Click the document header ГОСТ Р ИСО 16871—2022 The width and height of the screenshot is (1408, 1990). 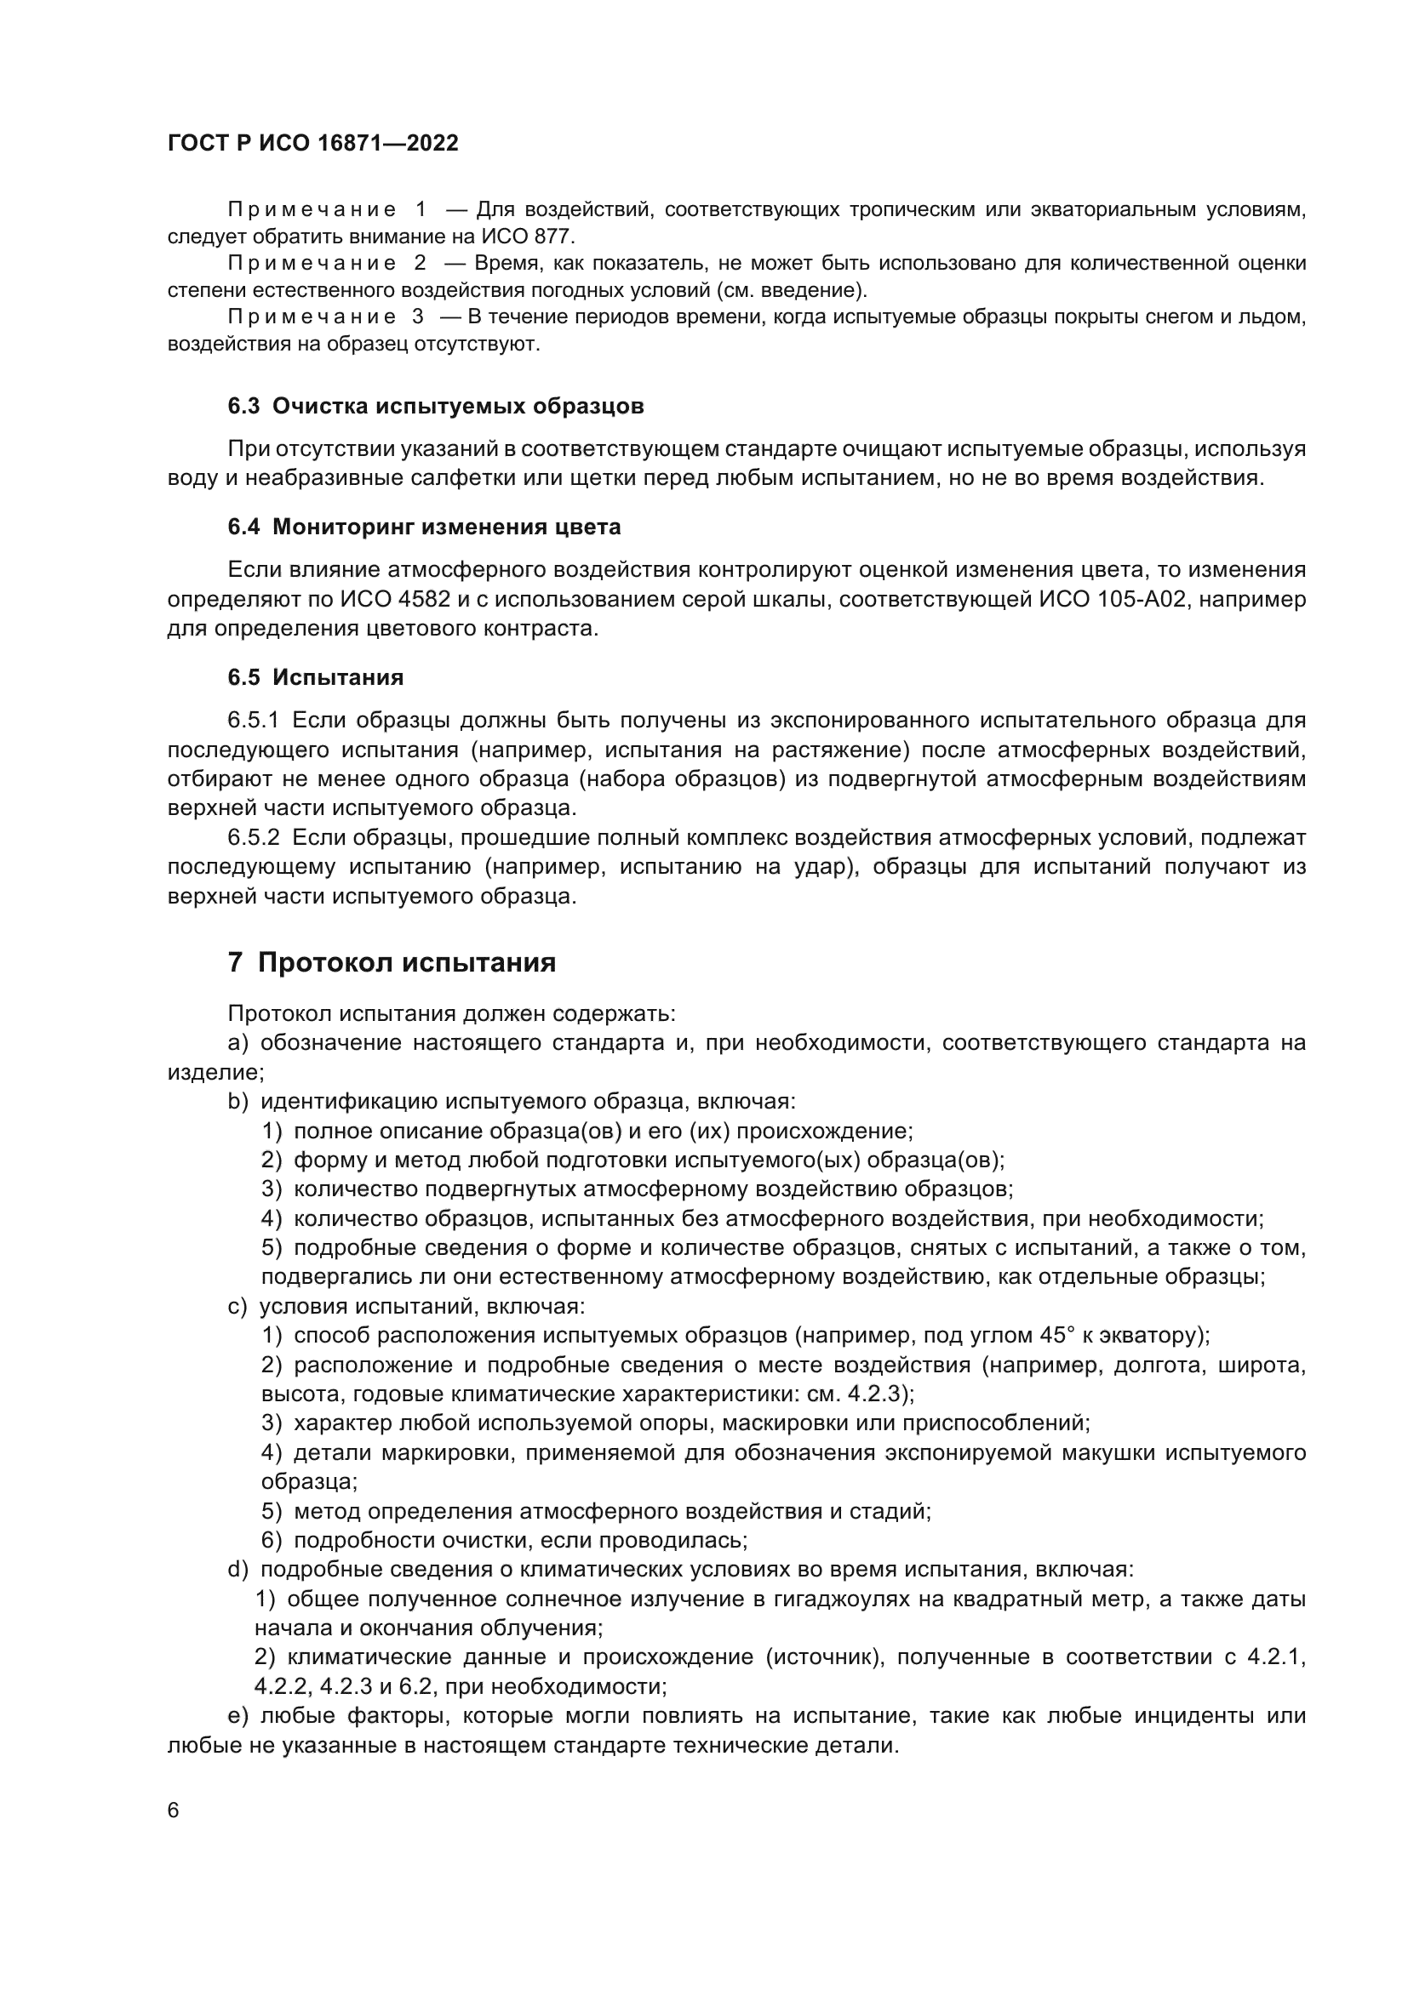pyautogui.click(x=313, y=144)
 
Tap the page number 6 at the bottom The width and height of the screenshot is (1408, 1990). pyautogui.click(x=174, y=1811)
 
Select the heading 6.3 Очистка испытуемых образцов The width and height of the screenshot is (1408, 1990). pyautogui.click(x=435, y=407)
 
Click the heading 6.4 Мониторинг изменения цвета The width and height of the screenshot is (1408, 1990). pyautogui.click(x=424, y=527)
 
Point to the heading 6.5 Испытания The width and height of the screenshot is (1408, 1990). pyautogui.click(x=316, y=677)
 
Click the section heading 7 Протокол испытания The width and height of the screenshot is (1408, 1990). pyautogui.click(x=392, y=963)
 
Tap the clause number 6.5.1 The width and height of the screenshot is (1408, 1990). pyautogui.click(x=253, y=721)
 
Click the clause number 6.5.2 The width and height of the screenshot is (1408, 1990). pyautogui.click(x=253, y=838)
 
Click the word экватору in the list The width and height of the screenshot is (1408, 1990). pyautogui.click(x=1153, y=1336)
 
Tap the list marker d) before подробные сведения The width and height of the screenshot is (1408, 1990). pyautogui.click(x=237, y=1570)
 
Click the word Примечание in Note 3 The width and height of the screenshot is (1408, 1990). pyautogui.click(x=312, y=317)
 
